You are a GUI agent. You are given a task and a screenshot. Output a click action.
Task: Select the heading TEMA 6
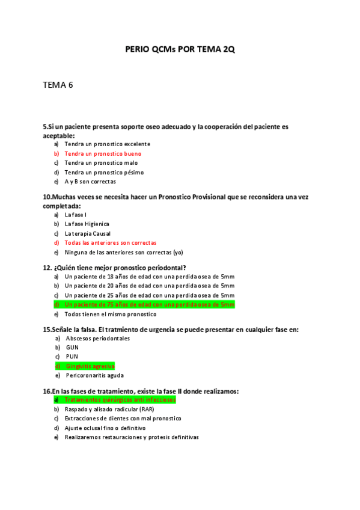pyautogui.click(x=58, y=85)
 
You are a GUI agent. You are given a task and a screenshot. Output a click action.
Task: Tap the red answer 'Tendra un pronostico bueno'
pyautogui.click(x=103, y=154)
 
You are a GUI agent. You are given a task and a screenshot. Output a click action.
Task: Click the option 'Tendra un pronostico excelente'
pyautogui.click(x=107, y=144)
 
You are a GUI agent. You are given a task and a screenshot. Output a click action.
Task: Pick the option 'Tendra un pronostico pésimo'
pyautogui.click(x=104, y=173)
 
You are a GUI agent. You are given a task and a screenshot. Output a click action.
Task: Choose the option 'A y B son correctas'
pyautogui.click(x=90, y=182)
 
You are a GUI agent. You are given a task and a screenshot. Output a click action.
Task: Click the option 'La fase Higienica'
pyautogui.click(x=87, y=224)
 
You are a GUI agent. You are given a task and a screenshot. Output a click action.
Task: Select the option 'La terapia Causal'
pyautogui.click(x=88, y=233)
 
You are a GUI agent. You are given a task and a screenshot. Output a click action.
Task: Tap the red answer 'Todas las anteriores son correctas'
pyautogui.click(x=110, y=243)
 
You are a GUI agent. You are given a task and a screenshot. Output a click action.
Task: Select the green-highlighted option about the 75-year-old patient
pyautogui.click(x=149, y=305)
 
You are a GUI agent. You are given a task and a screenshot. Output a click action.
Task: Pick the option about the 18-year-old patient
pyautogui.click(x=149, y=277)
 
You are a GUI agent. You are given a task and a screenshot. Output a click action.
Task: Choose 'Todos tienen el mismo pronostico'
pyautogui.click(x=110, y=314)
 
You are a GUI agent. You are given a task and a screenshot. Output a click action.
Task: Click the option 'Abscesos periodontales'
pyautogui.click(x=97, y=339)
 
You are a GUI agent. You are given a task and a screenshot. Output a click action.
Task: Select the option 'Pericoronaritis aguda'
pyautogui.click(x=94, y=375)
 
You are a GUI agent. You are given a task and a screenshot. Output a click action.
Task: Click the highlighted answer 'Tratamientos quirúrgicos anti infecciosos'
pyautogui.click(x=120, y=400)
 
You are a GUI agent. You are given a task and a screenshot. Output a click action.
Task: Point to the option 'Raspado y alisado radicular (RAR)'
pyautogui.click(x=113, y=409)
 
